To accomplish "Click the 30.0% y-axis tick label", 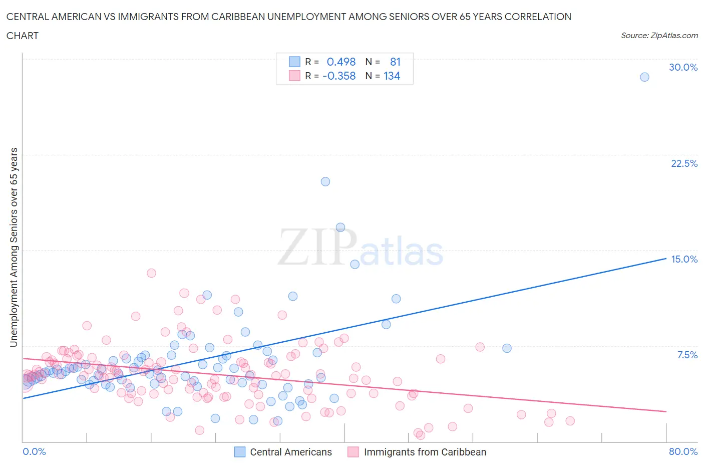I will point(683,67).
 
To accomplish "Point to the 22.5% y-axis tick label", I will point(684,163).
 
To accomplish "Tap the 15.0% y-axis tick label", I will point(684,259).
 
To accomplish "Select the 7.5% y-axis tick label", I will point(687,355).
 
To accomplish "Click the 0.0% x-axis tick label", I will point(34,451).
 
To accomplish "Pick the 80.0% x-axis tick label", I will point(683,451).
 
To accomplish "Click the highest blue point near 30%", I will point(644,77).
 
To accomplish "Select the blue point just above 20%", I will point(325,182).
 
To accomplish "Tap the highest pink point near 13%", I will point(151,273).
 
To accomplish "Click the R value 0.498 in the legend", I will point(341,62).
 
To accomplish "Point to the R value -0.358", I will point(339,76).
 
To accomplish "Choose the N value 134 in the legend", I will point(392,76).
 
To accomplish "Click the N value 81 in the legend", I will point(395,62).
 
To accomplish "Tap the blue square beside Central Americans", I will point(240,452).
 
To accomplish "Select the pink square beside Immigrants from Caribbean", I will point(354,452).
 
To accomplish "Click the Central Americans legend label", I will point(290,452).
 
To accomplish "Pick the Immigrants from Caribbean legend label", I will point(425,452).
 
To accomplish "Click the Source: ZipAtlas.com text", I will point(659,36).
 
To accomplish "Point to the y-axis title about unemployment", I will point(14,247).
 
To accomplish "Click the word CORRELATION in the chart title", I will point(537,17).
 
